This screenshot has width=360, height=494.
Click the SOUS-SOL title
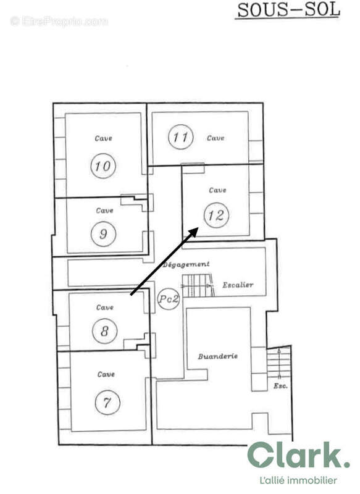288,10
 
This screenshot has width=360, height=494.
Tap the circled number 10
103,165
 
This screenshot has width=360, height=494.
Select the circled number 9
103,233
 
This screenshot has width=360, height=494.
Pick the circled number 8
104,331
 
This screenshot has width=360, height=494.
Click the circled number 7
107,403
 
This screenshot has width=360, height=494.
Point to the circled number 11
180,137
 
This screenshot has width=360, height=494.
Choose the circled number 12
216,216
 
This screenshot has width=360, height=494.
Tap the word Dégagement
186,264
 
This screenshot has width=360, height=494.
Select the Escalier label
238,285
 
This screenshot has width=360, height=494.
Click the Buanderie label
218,357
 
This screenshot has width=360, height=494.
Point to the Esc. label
280,387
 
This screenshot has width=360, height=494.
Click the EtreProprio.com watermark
59,22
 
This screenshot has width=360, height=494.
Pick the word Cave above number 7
106,374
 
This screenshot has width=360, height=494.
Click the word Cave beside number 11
216,138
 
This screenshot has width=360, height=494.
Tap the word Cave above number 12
217,190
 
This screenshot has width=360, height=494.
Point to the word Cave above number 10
103,138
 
